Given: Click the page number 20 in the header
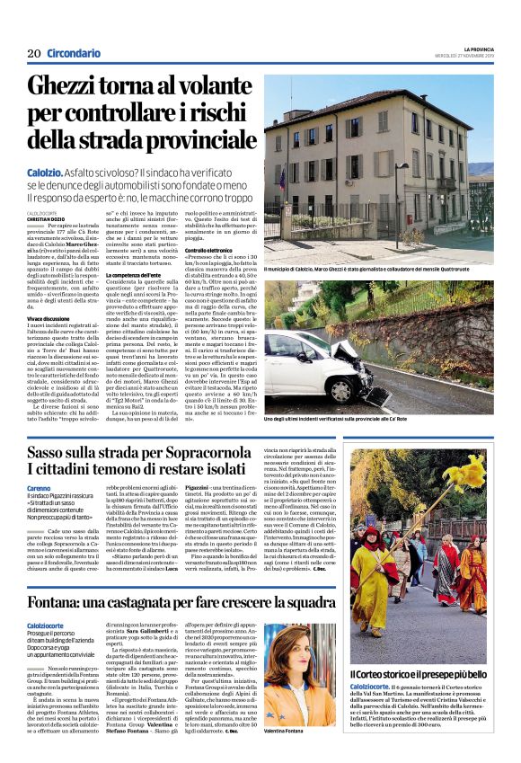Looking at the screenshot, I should [34, 53].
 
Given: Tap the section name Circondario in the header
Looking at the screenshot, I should [74, 53].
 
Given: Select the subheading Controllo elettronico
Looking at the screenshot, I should [213, 249].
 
